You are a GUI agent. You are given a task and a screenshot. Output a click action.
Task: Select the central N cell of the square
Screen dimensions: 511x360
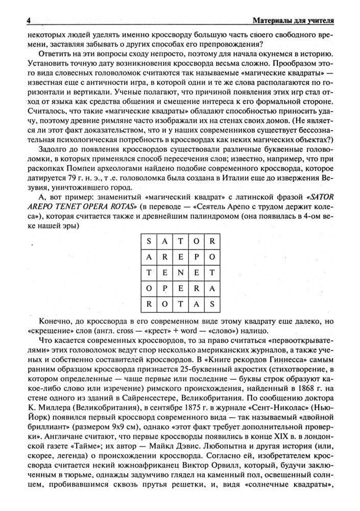pos(180,273)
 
